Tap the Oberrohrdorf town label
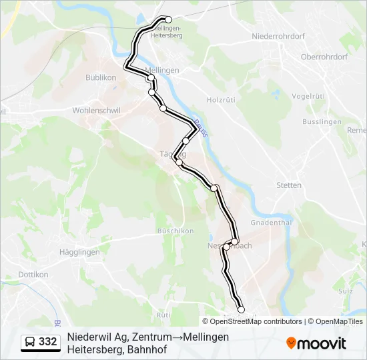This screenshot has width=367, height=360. [x=324, y=57]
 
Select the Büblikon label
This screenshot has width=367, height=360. [x=101, y=78]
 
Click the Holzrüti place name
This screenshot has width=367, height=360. [x=222, y=101]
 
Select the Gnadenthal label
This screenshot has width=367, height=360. [x=271, y=222]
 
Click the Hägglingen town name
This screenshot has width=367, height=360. [x=79, y=252]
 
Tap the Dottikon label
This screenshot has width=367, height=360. [x=33, y=274]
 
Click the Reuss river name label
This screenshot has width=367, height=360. [x=200, y=127]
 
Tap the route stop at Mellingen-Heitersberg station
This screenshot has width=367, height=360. [x=169, y=20]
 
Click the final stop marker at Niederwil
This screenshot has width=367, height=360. [x=241, y=309]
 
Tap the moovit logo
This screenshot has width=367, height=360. [x=316, y=343]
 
